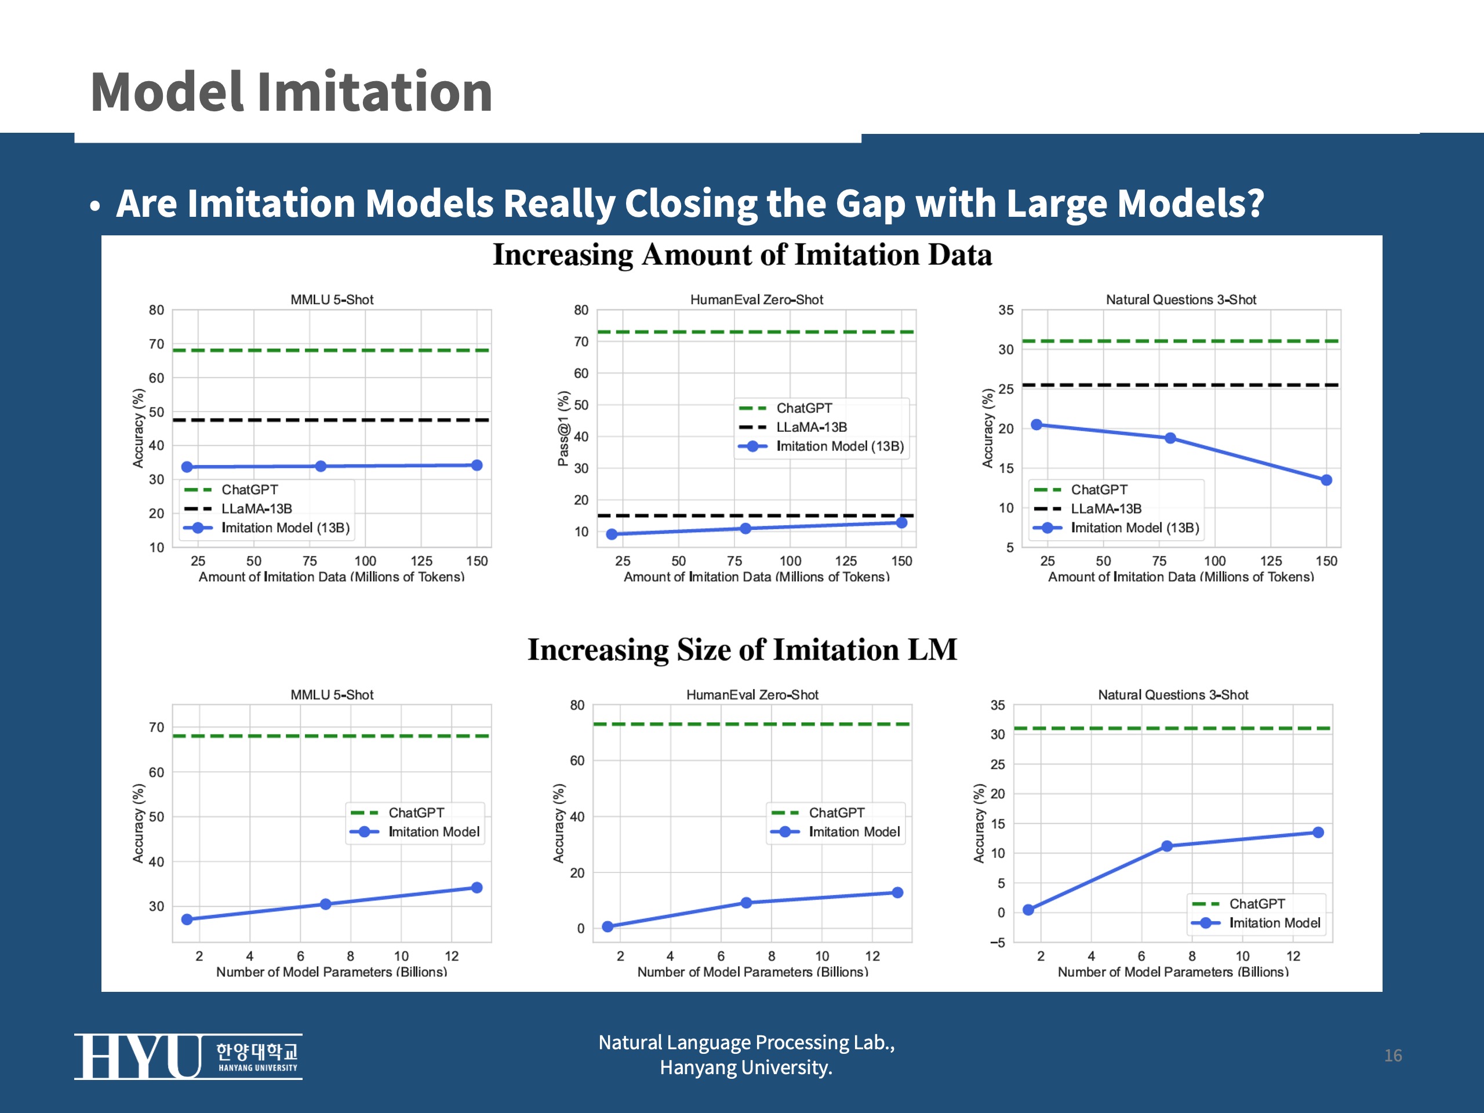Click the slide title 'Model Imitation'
(291, 92)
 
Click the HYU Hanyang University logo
(188, 1057)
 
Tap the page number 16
(1393, 1055)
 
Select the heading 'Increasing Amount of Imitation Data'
(742, 255)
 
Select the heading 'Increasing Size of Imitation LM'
(742, 649)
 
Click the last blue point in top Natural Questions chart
(1326, 481)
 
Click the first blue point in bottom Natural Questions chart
(1028, 910)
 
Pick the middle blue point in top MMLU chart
(321, 466)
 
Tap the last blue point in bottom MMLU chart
(477, 888)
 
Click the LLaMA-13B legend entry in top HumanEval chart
(811, 427)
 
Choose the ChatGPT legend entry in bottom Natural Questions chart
(1257, 904)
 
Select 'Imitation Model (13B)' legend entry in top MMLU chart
(285, 528)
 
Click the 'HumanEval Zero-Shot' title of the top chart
(756, 300)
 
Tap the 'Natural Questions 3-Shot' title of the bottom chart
(1173, 695)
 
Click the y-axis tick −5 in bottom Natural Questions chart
(998, 943)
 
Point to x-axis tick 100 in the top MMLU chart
(365, 561)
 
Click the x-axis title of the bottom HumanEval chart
(752, 972)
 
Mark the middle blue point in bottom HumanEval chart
(746, 903)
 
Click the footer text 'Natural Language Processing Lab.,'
(746, 1042)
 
